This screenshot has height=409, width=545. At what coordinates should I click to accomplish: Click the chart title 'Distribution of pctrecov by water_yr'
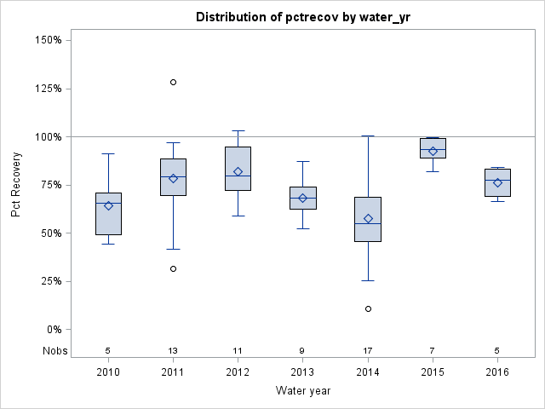click(302, 17)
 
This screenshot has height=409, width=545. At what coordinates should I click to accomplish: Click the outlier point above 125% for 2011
click(173, 83)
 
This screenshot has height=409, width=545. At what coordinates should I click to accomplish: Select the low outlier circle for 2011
click(173, 268)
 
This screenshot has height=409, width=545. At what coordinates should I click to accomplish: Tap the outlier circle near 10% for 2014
click(368, 308)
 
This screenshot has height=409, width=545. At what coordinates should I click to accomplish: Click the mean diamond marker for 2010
click(108, 205)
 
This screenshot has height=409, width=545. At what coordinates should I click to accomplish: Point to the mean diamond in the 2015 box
click(433, 151)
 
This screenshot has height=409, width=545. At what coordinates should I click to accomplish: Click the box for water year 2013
click(302, 198)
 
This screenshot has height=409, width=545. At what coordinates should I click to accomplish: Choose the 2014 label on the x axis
click(368, 372)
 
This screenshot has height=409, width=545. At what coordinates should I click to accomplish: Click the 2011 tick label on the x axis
click(173, 372)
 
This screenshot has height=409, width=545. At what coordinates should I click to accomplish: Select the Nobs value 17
click(368, 350)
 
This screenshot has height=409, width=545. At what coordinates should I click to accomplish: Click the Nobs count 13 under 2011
click(173, 350)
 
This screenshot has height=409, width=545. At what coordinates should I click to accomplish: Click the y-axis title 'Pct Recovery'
click(17, 185)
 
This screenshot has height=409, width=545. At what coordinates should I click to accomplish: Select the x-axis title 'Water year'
click(302, 391)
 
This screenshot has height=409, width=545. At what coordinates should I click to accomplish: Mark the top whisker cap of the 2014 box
click(368, 135)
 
